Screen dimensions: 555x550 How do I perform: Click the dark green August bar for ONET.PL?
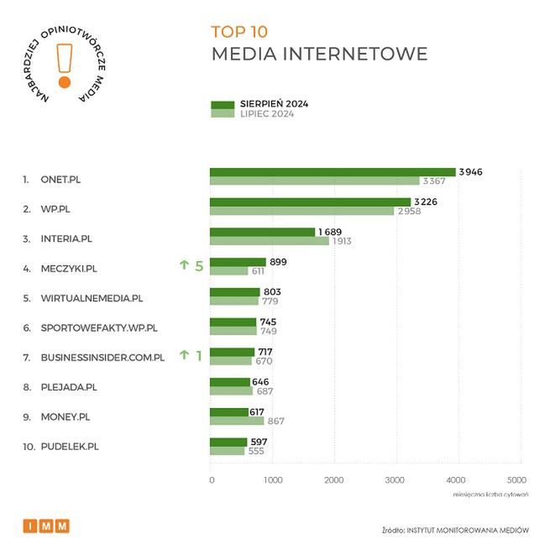click(333, 172)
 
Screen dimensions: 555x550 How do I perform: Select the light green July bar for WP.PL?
click(301, 211)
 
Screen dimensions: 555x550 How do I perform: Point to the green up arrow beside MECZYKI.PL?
click(184, 265)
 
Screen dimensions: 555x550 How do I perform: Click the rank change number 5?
click(199, 266)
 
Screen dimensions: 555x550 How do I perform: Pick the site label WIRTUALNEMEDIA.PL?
click(92, 297)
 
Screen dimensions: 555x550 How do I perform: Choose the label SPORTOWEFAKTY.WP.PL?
click(99, 327)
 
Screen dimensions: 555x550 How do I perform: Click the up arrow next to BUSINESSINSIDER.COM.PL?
click(184, 355)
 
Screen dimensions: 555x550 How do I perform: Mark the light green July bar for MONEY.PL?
click(237, 421)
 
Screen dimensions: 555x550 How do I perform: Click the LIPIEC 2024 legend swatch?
click(223, 114)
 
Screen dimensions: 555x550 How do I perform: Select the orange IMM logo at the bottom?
click(46, 526)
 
